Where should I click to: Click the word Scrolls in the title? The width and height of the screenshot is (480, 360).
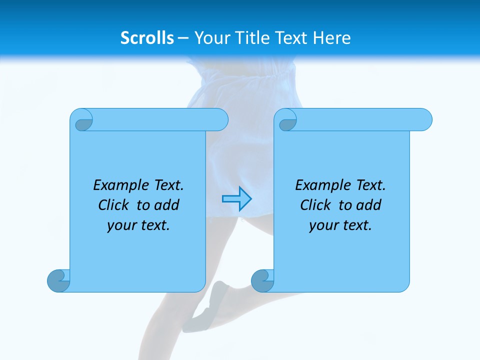(x=147, y=37)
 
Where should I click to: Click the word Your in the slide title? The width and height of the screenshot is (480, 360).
(x=210, y=37)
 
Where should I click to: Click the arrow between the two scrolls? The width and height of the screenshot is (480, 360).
(x=236, y=198)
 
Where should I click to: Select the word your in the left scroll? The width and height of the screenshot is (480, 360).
(x=120, y=225)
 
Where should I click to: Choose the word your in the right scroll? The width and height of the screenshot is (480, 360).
(x=322, y=225)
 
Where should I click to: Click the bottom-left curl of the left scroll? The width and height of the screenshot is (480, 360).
(x=58, y=280)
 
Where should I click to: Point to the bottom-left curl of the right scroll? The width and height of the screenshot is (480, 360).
(x=262, y=280)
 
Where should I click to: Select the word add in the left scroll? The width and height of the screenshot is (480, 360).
(x=167, y=205)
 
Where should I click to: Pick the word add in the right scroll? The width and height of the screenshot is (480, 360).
(x=369, y=205)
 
